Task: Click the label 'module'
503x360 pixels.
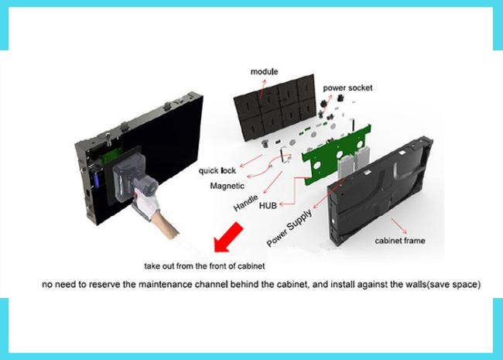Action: [x=264, y=71]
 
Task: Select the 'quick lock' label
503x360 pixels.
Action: [x=217, y=170]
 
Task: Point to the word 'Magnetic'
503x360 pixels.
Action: [x=228, y=186]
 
